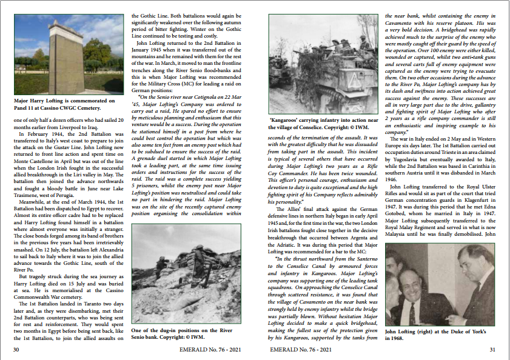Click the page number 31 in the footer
[492, 349]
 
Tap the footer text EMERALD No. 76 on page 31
[301, 349]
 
